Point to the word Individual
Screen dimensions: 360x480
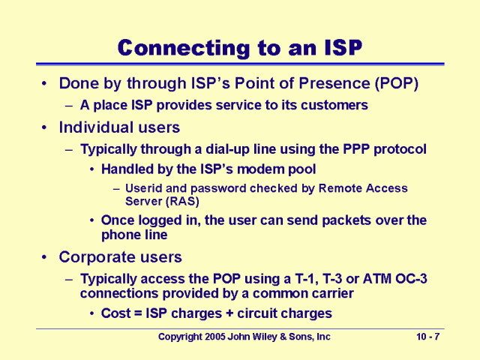click(94, 127)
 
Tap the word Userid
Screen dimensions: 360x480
click(143, 188)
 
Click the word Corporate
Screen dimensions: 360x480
click(93, 257)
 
